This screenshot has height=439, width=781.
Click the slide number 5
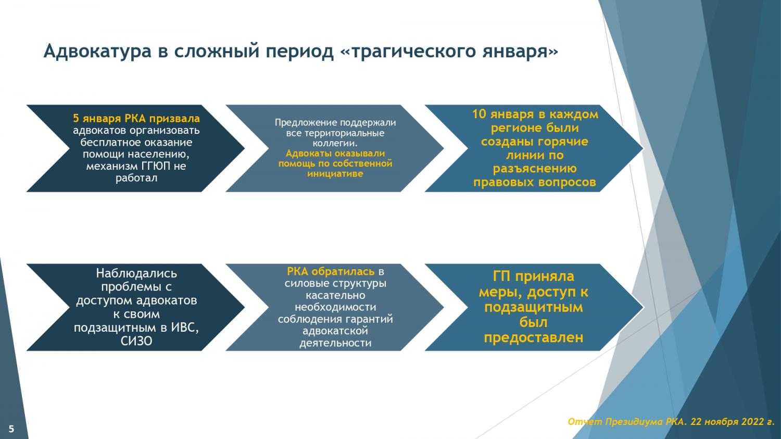(x=11, y=429)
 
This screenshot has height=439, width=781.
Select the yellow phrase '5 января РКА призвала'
(x=136, y=119)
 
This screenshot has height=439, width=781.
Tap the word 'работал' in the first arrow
(x=136, y=178)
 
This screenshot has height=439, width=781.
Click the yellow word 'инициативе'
(x=335, y=174)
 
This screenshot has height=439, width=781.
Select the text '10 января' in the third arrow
(x=503, y=114)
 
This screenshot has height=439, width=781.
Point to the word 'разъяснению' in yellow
(x=535, y=169)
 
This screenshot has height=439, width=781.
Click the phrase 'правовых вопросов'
(x=535, y=182)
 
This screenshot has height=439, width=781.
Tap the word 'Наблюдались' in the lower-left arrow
(x=136, y=273)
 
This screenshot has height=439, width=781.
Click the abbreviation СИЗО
(x=136, y=342)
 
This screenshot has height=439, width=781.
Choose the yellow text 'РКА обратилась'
(x=331, y=271)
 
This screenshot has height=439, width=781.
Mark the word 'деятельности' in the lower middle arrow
(x=335, y=343)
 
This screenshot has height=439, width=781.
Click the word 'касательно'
(x=335, y=295)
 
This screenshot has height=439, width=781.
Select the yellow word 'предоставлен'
(x=534, y=337)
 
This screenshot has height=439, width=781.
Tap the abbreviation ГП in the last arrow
(x=503, y=277)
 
